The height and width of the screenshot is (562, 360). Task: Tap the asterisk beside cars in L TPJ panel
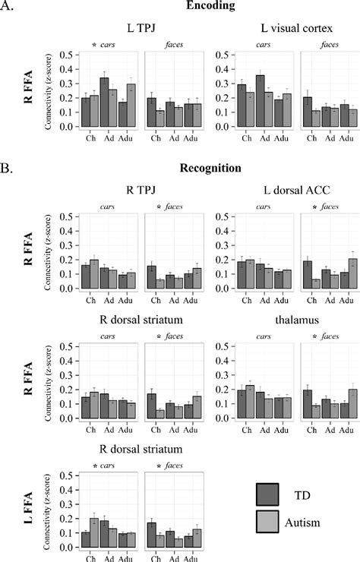click(x=93, y=46)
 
